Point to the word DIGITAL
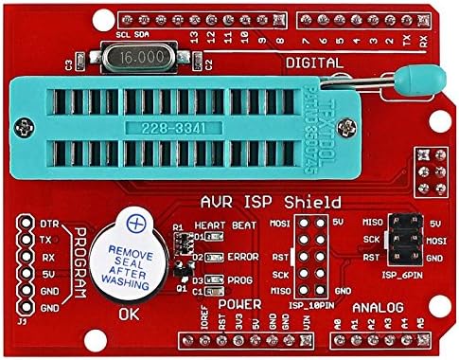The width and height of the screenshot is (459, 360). click(313, 62)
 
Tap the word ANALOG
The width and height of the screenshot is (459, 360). click(378, 307)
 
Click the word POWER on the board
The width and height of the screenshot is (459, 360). click(239, 304)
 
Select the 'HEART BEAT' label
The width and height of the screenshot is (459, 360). click(224, 225)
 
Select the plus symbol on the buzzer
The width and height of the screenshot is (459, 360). click(137, 224)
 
